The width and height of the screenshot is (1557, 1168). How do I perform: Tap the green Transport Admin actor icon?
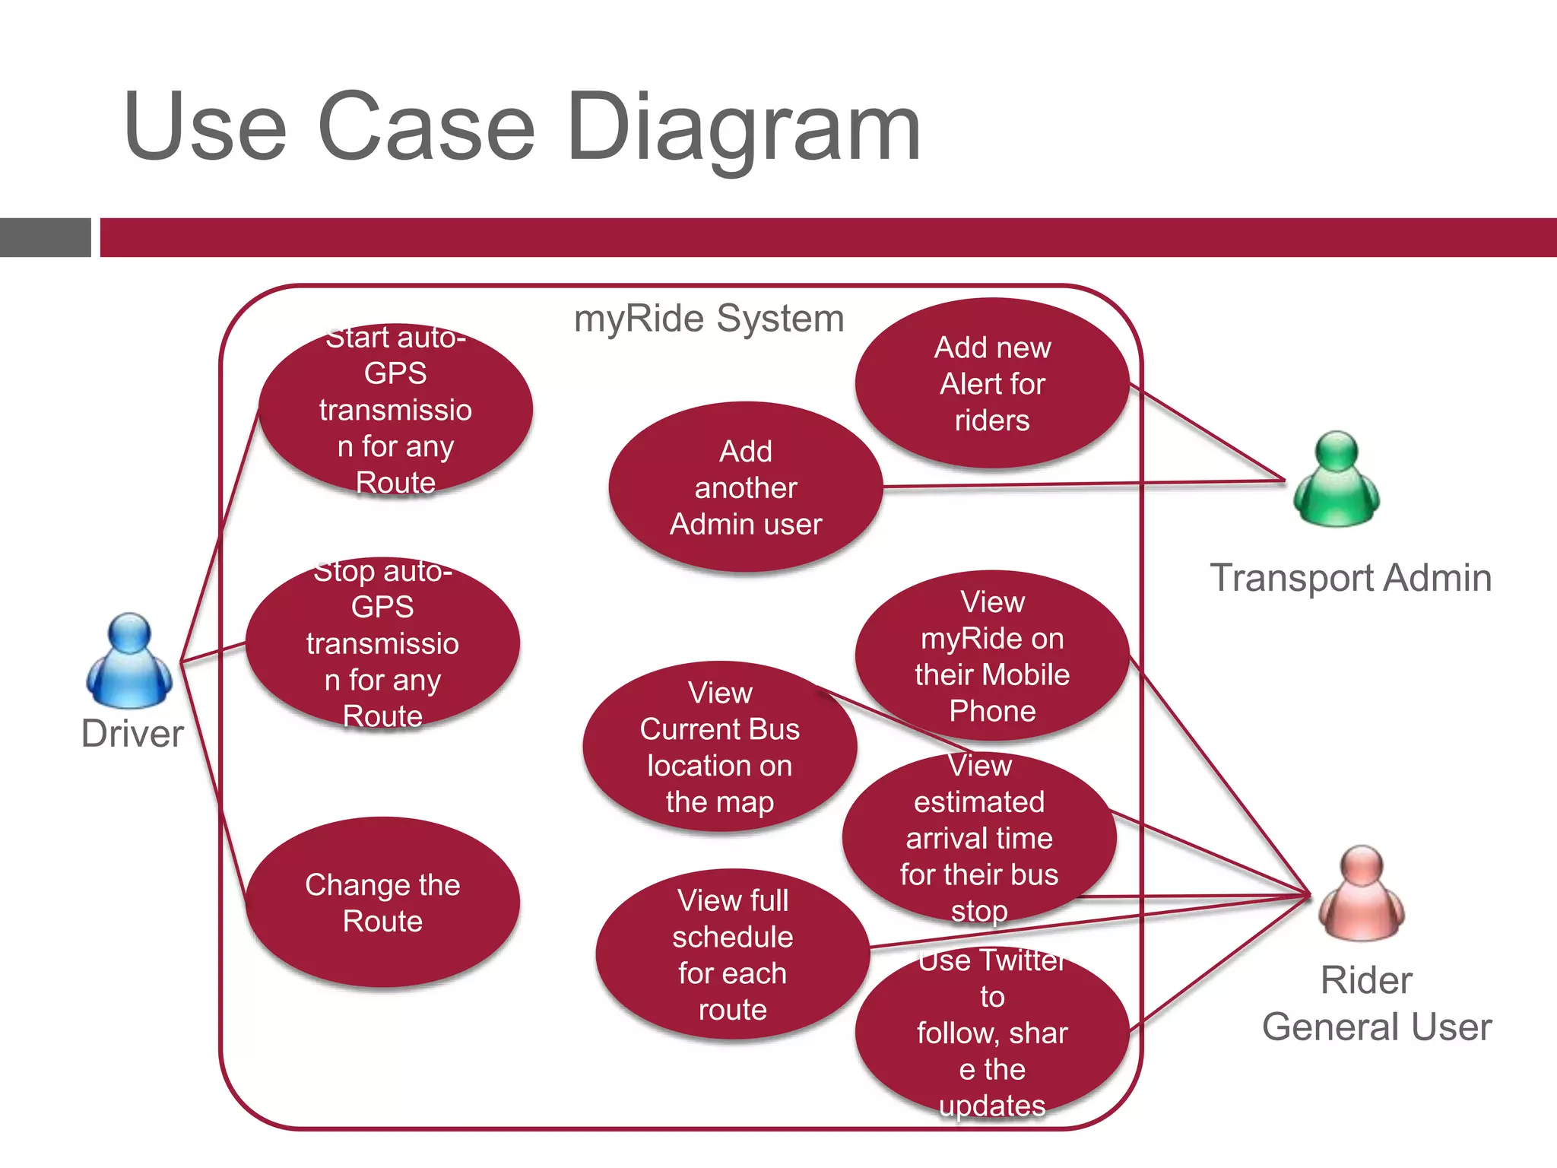pos(1336,479)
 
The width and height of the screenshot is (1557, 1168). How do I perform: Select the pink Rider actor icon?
pos(1361,893)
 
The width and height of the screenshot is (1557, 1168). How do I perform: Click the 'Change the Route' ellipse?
pos(382,903)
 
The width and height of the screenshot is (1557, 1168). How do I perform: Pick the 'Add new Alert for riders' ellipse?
pos(992,383)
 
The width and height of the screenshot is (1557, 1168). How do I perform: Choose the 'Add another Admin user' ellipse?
pos(745,487)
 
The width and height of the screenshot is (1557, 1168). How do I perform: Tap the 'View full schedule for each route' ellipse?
pos(732,954)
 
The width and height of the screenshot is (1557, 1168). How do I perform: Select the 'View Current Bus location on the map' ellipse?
pos(719,747)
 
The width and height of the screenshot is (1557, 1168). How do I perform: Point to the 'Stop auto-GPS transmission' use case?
pos(382,643)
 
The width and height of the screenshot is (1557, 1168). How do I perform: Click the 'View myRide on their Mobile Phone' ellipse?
pos(992,655)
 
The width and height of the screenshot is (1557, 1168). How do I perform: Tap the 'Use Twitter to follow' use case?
pos(992,1033)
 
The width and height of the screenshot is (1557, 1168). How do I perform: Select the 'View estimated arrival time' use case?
pos(979,838)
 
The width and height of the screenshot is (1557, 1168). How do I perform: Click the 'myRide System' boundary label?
pos(709,318)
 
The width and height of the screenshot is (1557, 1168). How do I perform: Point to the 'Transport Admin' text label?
pos(1350,578)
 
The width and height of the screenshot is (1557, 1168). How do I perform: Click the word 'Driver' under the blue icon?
pos(132,734)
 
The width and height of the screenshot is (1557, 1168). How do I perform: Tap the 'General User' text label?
pos(1376,1027)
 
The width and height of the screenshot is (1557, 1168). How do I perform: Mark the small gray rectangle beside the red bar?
pos(45,237)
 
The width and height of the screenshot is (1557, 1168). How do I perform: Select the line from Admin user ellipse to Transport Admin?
pos(1080,484)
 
